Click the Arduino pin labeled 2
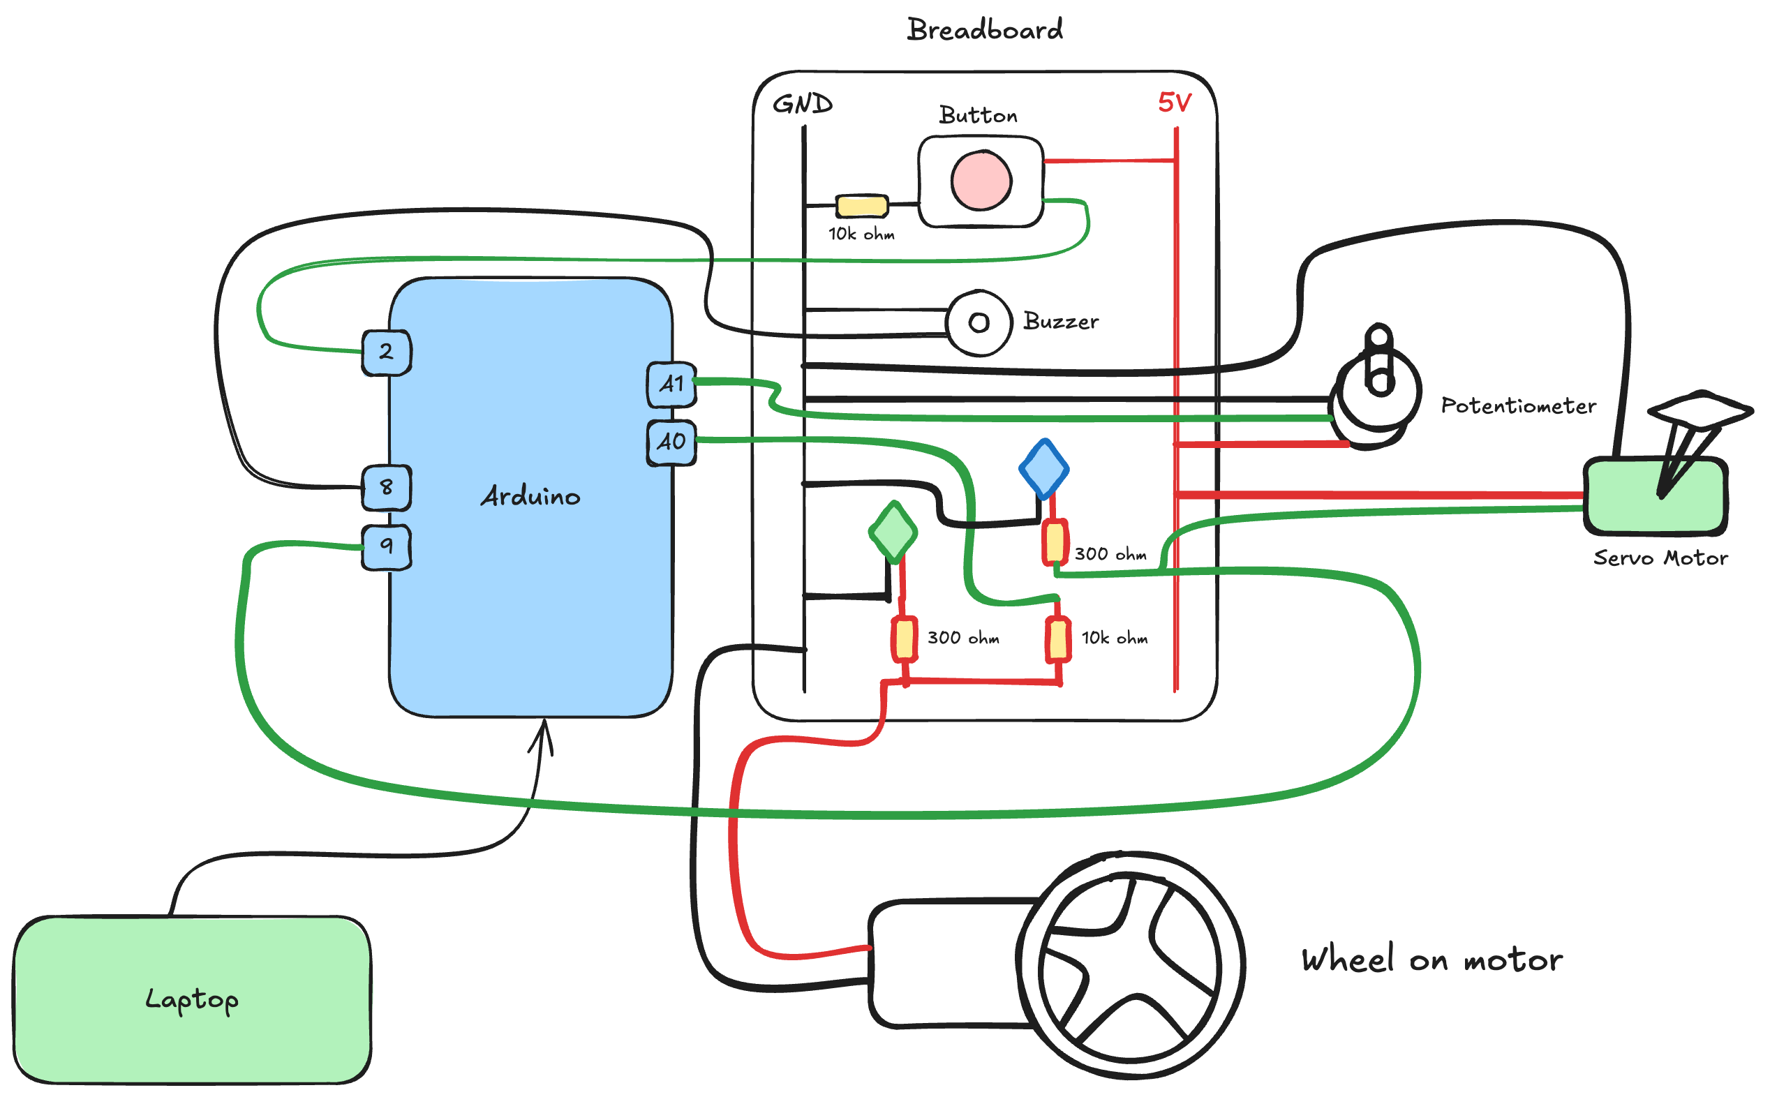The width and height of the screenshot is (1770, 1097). click(387, 352)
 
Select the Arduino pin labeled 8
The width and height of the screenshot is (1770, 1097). click(387, 488)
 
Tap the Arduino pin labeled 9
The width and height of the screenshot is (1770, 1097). click(387, 546)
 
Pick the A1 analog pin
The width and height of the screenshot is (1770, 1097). click(671, 385)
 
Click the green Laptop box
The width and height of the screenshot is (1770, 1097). click(192, 1000)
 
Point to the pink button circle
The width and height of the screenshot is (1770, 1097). click(981, 180)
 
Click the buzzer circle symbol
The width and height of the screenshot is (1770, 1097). click(979, 323)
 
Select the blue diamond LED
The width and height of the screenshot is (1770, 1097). click(1043, 469)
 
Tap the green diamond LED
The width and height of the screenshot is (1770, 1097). click(893, 532)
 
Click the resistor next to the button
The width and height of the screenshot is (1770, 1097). click(862, 206)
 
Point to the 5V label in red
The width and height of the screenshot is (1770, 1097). click(1175, 103)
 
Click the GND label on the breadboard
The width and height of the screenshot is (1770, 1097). click(803, 104)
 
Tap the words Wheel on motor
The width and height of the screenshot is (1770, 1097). click(1431, 960)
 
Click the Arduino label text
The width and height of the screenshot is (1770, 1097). click(530, 496)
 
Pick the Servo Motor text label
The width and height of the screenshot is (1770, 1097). click(1660, 558)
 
